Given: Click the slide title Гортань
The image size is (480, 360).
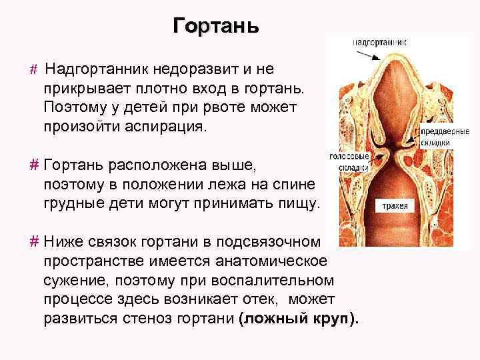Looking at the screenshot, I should click(215, 27).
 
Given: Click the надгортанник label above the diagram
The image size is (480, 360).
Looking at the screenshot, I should click(381, 41).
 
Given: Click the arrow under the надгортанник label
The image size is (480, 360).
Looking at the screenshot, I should click(373, 58).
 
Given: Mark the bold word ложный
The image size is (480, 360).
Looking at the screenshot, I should click(273, 317).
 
